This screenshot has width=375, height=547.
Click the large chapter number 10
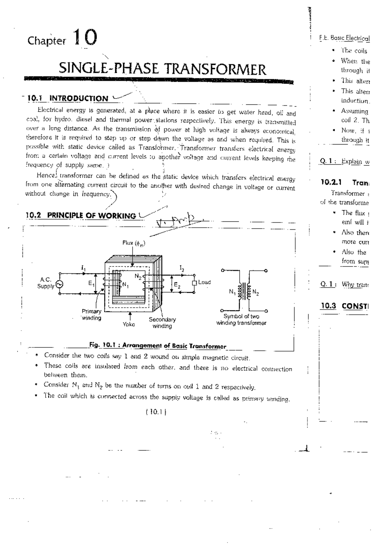[x=85, y=38]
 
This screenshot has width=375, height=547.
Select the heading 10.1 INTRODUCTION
[x=67, y=99]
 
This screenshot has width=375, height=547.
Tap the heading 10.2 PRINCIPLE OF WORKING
[x=81, y=215]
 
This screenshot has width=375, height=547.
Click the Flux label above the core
[x=134, y=243]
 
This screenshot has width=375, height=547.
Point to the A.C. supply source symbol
[x=59, y=284]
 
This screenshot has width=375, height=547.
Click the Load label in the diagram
[x=204, y=282]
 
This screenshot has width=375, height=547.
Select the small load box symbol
[x=194, y=283]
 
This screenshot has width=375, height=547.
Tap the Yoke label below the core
[x=129, y=324]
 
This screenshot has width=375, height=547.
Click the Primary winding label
[x=91, y=315]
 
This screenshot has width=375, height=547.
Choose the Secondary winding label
[x=162, y=323]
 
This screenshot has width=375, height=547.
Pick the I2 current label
[x=182, y=268]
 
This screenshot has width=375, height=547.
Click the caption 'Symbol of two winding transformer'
[x=241, y=320]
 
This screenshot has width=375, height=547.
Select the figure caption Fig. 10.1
[x=157, y=346]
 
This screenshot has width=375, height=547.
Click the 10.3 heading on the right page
[x=344, y=306]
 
